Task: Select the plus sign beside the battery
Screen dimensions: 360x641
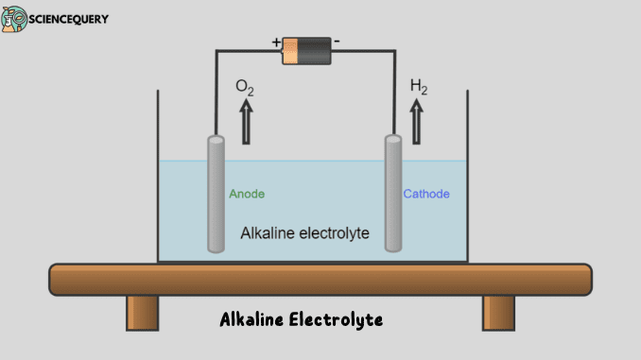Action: (276, 43)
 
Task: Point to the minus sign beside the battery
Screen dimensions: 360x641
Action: (338, 43)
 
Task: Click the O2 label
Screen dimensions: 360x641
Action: (245, 87)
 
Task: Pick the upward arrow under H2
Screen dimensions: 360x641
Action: (417, 122)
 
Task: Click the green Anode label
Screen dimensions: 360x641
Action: (247, 194)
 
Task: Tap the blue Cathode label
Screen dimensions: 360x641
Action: (426, 194)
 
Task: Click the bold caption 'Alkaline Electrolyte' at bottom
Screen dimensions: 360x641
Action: (301, 320)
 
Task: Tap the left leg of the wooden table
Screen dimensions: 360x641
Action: (142, 312)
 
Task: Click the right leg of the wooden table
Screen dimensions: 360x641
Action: (498, 312)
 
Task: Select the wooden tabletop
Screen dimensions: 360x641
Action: (320, 279)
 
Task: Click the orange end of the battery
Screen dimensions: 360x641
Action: (292, 50)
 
